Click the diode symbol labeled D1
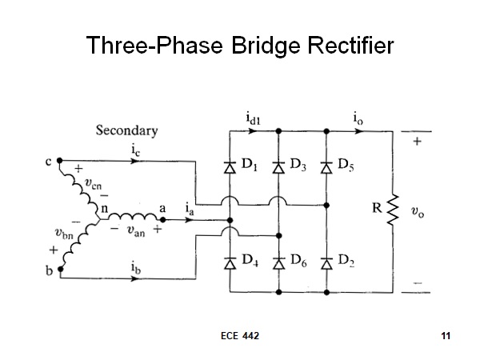[x=230, y=168]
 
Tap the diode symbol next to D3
[x=278, y=168]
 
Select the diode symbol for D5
[x=326, y=168]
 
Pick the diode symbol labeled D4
[x=230, y=263]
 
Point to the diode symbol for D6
[x=278, y=263]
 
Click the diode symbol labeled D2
[x=326, y=263]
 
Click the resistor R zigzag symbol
[x=393, y=210]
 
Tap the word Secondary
[x=126, y=130]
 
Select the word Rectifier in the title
[x=350, y=46]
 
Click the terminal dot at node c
[x=60, y=161]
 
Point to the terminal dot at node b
[x=61, y=269]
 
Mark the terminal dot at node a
[x=163, y=220]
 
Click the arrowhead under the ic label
[x=134, y=161]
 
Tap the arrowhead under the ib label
[x=134, y=278]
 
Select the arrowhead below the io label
[x=359, y=131]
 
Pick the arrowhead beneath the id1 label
[x=252, y=131]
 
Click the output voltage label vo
[x=418, y=212]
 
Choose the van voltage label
[x=136, y=231]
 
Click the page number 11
[x=446, y=336]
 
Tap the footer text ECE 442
[x=240, y=336]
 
